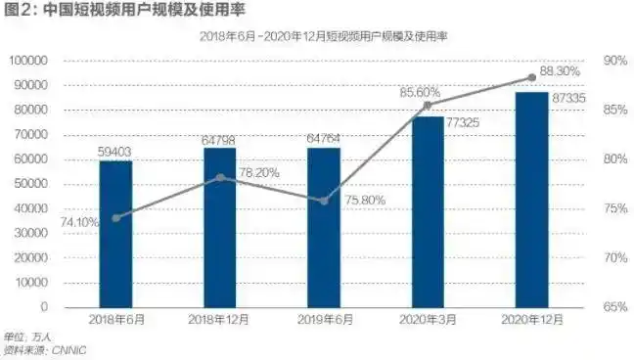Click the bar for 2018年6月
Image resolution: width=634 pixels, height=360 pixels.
[115, 235]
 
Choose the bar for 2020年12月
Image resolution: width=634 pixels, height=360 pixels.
[531, 200]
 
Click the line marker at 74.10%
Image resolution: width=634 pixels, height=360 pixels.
[115, 217]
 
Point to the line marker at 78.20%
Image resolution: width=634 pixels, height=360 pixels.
[219, 177]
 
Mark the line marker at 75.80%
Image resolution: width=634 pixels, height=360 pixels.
[324, 201]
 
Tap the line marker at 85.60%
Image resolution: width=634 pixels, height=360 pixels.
[428, 105]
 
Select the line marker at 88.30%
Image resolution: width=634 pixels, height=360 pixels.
[531, 77]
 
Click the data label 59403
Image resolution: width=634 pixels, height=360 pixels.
[115, 151]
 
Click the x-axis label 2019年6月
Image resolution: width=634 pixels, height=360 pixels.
[324, 322]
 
